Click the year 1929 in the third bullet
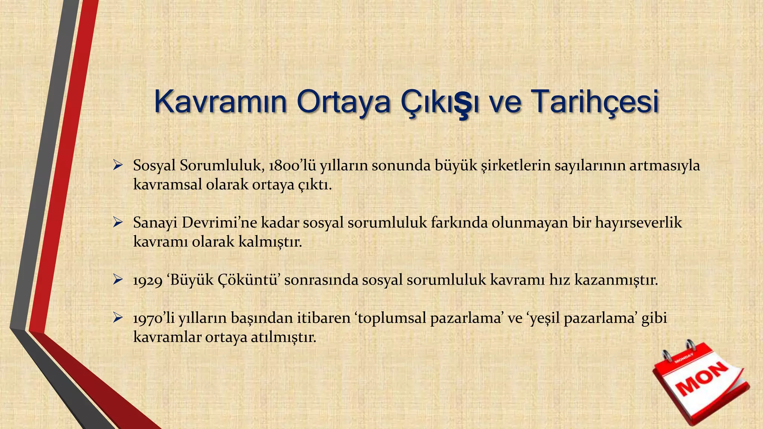(148, 280)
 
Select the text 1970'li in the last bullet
(154, 318)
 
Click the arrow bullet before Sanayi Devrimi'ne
(118, 223)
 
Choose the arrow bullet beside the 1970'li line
(118, 318)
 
